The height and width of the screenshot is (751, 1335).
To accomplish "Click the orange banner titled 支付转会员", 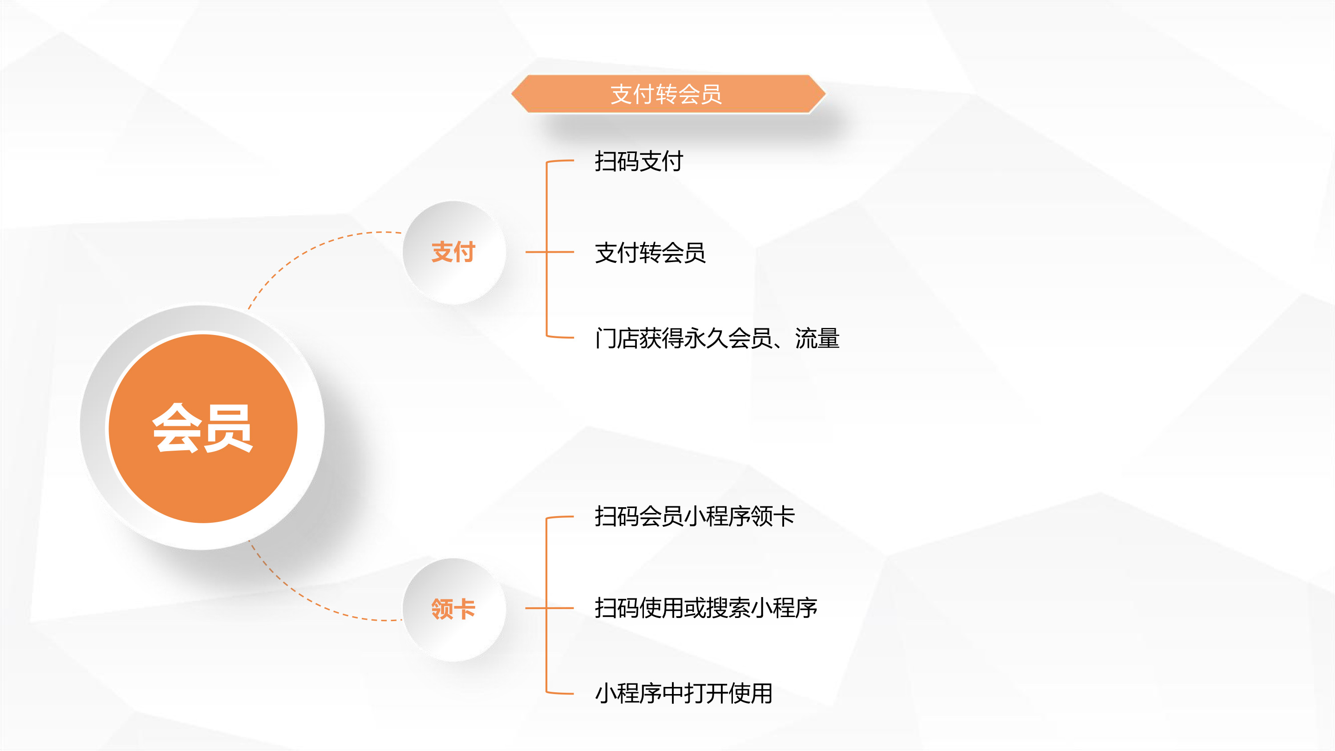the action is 668,94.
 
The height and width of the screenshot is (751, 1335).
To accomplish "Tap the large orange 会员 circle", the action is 202,428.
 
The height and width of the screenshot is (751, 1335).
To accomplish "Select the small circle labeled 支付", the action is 454,252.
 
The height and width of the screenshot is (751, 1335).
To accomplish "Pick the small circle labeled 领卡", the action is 454,609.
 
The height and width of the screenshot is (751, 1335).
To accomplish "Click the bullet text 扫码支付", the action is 639,161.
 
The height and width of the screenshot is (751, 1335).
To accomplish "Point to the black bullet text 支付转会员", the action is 650,253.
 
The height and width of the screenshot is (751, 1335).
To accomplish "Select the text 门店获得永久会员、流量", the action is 717,339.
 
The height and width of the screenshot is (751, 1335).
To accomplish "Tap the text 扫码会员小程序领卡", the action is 695,516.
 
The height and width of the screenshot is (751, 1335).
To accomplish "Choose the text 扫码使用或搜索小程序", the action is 706,608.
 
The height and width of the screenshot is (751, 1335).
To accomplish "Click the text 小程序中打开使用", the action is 684,694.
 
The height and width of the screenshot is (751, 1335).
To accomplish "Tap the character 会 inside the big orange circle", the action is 176,428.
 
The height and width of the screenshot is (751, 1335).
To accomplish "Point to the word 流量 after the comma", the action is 817,339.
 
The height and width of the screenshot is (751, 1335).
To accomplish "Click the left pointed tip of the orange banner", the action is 511,94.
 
